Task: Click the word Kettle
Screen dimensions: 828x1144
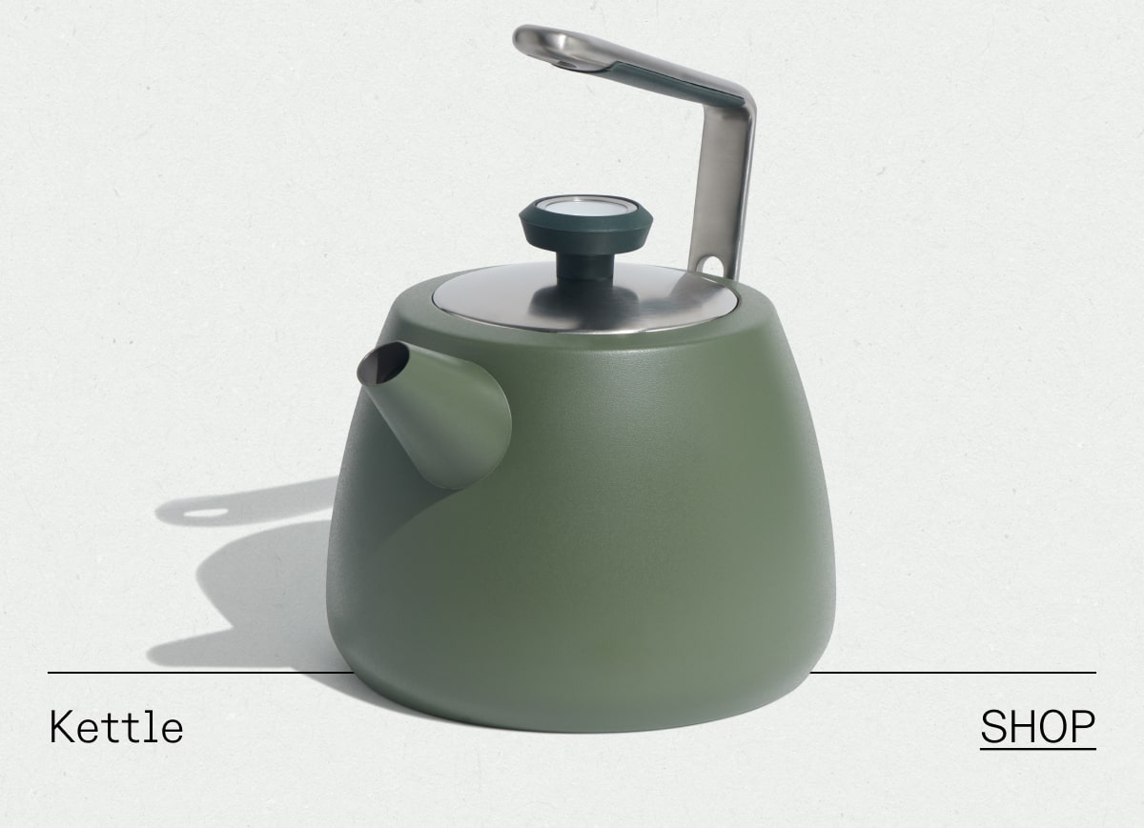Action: pyautogui.click(x=115, y=728)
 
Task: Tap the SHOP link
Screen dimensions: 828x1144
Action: pyautogui.click(x=1037, y=727)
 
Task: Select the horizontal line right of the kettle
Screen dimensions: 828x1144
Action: pyautogui.click(x=953, y=673)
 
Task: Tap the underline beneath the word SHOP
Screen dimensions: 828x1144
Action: pyautogui.click(x=1037, y=749)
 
